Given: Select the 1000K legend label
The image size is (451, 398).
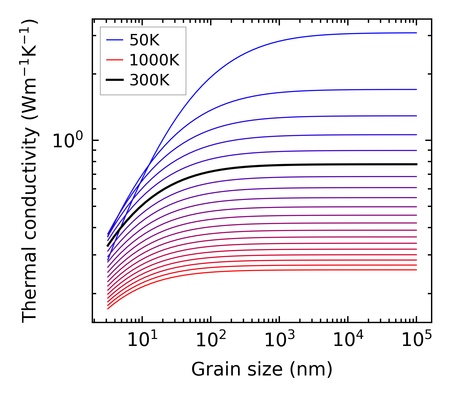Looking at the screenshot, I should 154,60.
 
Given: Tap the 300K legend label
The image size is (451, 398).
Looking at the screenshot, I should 149,80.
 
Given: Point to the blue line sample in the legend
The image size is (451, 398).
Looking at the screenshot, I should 114,40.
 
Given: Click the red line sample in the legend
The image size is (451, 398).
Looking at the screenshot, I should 114,60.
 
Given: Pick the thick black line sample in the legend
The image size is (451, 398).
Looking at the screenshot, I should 114,80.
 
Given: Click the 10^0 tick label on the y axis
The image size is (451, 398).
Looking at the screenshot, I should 68,140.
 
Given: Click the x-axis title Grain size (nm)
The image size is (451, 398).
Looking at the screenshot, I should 262,369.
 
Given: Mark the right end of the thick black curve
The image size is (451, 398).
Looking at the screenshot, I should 416,164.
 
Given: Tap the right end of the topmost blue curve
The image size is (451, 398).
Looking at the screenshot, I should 416,33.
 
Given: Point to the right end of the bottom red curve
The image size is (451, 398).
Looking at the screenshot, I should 416,270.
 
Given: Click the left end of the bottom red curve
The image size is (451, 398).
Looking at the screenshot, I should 108,309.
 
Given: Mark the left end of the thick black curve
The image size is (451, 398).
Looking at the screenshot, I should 108,246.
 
